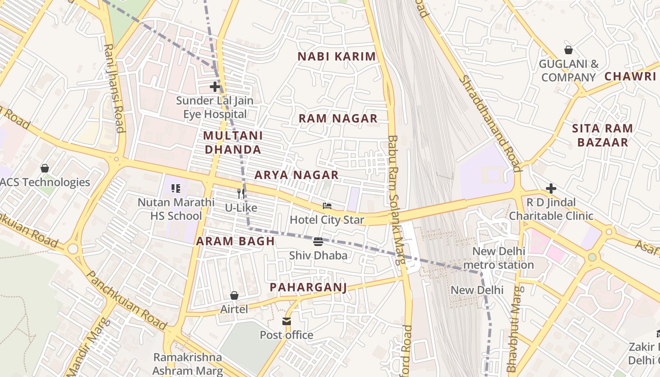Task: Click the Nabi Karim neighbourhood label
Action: [x=337, y=57]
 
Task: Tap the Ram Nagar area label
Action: [x=338, y=118]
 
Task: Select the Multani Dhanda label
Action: [x=232, y=143]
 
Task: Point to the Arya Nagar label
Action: [x=297, y=175]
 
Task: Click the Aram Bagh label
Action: [x=235, y=241]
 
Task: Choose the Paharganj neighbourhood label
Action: [x=308, y=287]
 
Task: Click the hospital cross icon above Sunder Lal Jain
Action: [x=215, y=87]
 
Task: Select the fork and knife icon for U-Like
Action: [x=241, y=193]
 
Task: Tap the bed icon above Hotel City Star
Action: [x=327, y=206]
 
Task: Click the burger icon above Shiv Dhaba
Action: [x=318, y=242]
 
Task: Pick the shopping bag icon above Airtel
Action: [x=234, y=295]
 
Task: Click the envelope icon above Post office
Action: [x=287, y=321]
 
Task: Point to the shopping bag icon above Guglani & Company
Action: [x=569, y=50]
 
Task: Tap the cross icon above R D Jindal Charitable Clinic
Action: [x=551, y=189]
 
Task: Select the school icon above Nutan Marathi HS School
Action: [x=176, y=189]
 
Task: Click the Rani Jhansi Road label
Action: [x=114, y=89]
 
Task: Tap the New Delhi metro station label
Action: [x=498, y=258]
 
